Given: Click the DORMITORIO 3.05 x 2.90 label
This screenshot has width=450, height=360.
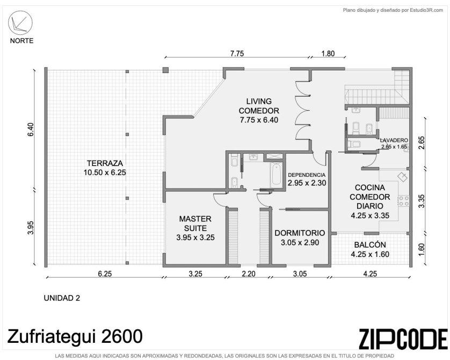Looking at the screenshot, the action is (x=300, y=237).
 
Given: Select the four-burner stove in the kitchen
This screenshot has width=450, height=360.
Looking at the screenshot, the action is (x=403, y=200).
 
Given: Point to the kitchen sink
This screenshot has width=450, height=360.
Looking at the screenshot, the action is (x=403, y=177).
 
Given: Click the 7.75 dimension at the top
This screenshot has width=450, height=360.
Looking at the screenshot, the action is (x=237, y=54).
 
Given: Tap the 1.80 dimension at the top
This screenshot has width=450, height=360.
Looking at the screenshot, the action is (x=328, y=54).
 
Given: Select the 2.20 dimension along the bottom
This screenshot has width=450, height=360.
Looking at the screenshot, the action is (x=249, y=274).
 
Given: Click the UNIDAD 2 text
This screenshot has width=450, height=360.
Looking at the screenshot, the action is (x=62, y=298).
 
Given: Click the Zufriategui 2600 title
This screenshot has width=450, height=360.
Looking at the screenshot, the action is (x=75, y=336).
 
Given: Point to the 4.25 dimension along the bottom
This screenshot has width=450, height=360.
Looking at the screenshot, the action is (x=370, y=274).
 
